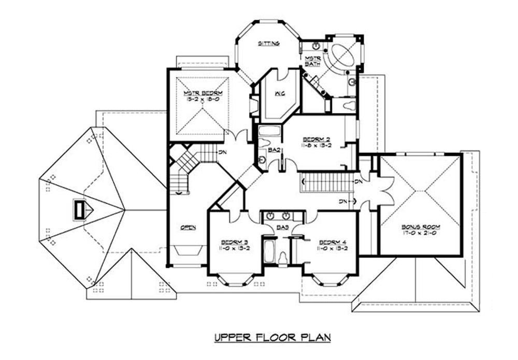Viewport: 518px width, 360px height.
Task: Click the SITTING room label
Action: coord(269,44)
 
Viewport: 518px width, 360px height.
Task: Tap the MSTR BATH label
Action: coord(312,60)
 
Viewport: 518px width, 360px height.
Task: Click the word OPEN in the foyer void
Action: coord(188,227)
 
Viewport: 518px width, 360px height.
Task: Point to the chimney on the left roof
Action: coord(80,210)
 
